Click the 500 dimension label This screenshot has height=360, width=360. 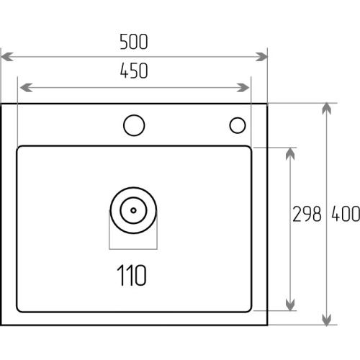coord(134,42)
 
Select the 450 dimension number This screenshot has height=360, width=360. coord(134,71)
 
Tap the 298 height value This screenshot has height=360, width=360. coord(307,214)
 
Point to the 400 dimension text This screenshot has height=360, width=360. coord(346,214)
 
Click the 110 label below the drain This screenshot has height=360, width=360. coord(132,275)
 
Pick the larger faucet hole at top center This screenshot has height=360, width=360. coord(134,125)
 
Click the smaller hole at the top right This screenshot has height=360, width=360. coord(238,125)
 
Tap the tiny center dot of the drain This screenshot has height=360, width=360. coord(133,210)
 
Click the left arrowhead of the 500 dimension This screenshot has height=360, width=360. coord(7,57)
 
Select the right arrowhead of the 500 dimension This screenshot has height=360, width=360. coord(261,57)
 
